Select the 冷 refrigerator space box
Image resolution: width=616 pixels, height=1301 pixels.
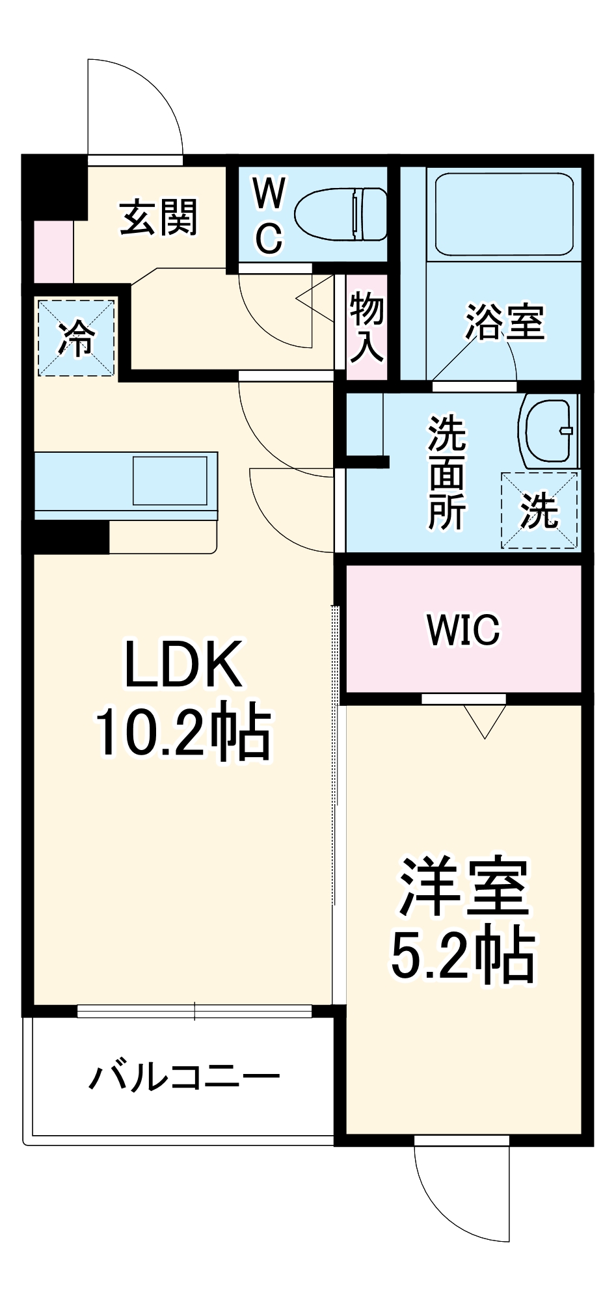[77, 338]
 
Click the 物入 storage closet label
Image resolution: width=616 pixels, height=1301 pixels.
[366, 327]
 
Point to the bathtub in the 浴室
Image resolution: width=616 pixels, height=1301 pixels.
[504, 214]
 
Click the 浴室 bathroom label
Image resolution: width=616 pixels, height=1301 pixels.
[504, 322]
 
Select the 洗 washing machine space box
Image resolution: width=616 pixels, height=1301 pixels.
[539, 511]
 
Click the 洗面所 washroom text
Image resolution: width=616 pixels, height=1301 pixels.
[446, 473]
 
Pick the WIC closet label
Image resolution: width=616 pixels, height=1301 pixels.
[463, 629]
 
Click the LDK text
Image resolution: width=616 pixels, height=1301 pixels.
[184, 664]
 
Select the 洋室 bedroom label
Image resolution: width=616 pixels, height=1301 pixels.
[463, 888]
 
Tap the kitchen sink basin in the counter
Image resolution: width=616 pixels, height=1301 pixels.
[170, 481]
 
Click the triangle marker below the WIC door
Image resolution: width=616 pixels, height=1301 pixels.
[485, 719]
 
